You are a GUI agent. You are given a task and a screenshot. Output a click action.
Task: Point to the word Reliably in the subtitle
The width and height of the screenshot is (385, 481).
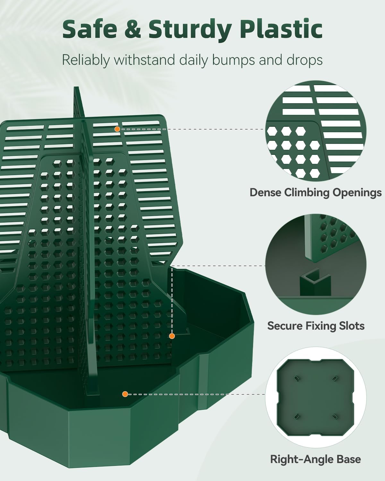point(86,60)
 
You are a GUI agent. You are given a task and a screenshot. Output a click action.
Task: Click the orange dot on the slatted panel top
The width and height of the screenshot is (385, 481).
point(117,129)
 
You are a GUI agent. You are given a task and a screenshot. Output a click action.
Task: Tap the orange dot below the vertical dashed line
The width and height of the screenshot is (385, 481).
point(172,336)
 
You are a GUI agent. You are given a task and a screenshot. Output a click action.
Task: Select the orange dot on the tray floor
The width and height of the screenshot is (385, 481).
point(125,394)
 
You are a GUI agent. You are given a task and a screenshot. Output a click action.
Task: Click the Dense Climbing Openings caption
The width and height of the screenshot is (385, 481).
point(315,192)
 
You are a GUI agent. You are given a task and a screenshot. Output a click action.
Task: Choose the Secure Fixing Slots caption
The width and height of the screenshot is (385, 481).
point(316,326)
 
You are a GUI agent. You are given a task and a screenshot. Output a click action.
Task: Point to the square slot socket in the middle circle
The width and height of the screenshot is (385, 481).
point(315,283)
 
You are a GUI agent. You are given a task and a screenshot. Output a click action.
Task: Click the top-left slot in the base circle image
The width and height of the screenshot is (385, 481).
point(297,378)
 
